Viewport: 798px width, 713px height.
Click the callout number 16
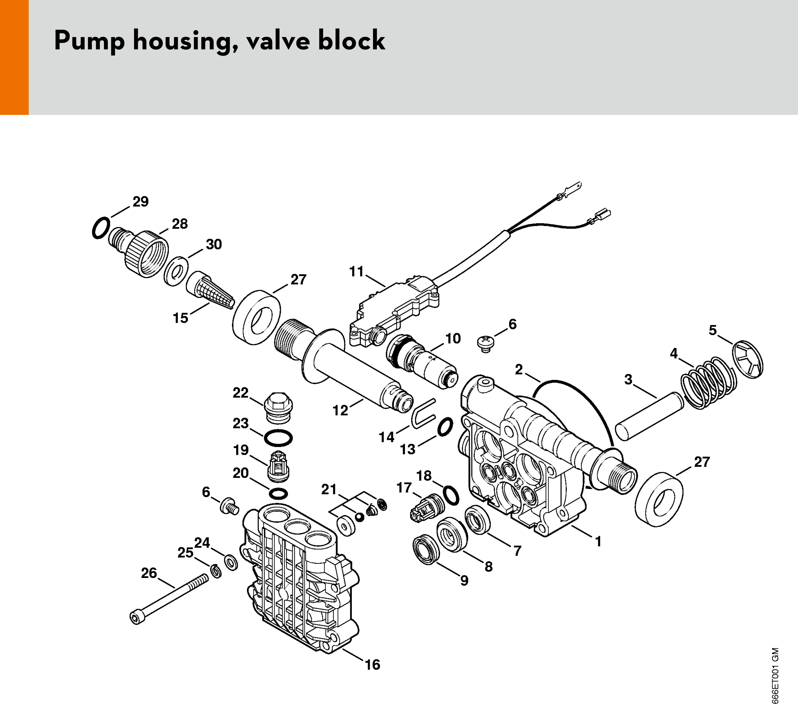(x=372, y=665)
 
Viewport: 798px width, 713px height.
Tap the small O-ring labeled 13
(x=445, y=426)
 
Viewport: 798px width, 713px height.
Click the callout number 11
(x=356, y=272)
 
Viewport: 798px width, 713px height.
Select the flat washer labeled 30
(x=175, y=271)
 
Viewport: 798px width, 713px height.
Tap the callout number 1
(x=598, y=542)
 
